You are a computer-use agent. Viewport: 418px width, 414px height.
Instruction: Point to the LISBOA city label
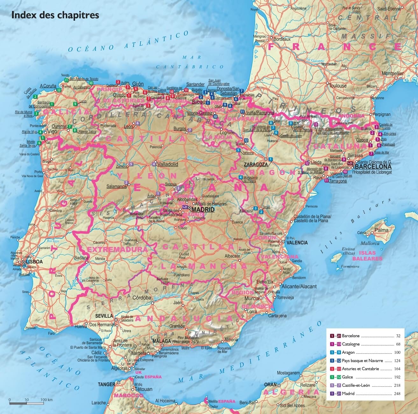pos(34,261)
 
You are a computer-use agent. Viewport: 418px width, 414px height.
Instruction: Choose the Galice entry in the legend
pos(347,377)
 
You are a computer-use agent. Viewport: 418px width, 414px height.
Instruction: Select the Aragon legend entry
pos(348,353)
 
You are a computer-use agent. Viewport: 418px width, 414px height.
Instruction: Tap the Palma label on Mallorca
pos(381,230)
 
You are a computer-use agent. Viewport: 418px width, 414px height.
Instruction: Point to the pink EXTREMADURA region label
pos(117,249)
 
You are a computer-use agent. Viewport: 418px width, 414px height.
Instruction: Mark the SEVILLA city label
pos(104,316)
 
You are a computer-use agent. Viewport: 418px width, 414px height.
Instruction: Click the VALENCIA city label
pos(297,243)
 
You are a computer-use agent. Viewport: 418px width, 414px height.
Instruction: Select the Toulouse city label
pos(337,86)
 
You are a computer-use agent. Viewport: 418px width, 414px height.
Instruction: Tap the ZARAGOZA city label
pos(256,165)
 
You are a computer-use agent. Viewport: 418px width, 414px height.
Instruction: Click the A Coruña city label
pos(48,86)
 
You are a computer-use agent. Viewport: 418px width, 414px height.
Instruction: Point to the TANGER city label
pos(106,384)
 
